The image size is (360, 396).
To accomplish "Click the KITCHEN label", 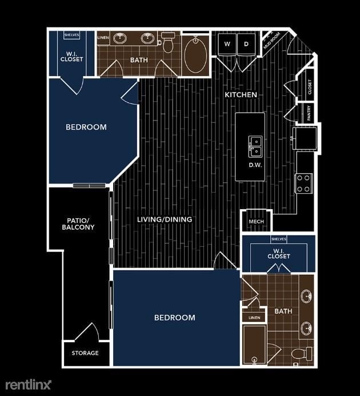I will click(241, 94).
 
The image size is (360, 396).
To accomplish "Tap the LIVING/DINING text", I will click(165, 219).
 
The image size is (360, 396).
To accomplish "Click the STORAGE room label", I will click(85, 353).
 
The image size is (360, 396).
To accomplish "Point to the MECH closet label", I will click(255, 222).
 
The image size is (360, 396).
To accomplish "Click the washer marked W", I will click(227, 44).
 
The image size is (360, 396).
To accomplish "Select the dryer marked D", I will click(246, 44).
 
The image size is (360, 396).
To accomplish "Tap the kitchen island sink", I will click(255, 146).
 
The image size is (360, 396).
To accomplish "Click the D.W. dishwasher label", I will click(255, 166).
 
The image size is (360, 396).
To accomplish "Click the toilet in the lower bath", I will click(300, 354).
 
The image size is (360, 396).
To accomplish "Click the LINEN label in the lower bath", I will click(254, 318).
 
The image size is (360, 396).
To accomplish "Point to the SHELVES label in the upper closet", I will click(71, 35).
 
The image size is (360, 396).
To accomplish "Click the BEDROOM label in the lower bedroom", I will click(175, 318).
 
